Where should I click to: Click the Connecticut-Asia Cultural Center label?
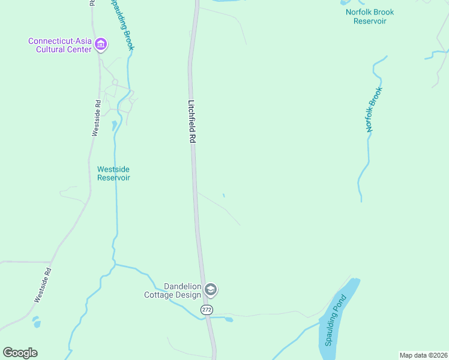(x=59, y=45)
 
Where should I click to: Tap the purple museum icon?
(x=101, y=44)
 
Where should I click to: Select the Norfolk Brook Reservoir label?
(x=369, y=16)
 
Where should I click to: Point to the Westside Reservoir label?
(x=113, y=173)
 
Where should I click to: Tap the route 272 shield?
(x=206, y=310)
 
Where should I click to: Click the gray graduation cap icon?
(x=211, y=290)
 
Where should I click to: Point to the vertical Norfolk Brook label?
(x=374, y=110)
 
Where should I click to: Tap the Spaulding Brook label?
(x=122, y=24)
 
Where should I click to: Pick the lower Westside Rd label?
(x=43, y=284)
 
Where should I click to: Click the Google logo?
(x=20, y=353)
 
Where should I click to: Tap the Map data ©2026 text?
(x=423, y=355)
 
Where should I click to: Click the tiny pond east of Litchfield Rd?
(x=224, y=195)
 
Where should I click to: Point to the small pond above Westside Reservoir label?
(x=114, y=125)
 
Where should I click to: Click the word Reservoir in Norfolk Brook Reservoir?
(x=369, y=21)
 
